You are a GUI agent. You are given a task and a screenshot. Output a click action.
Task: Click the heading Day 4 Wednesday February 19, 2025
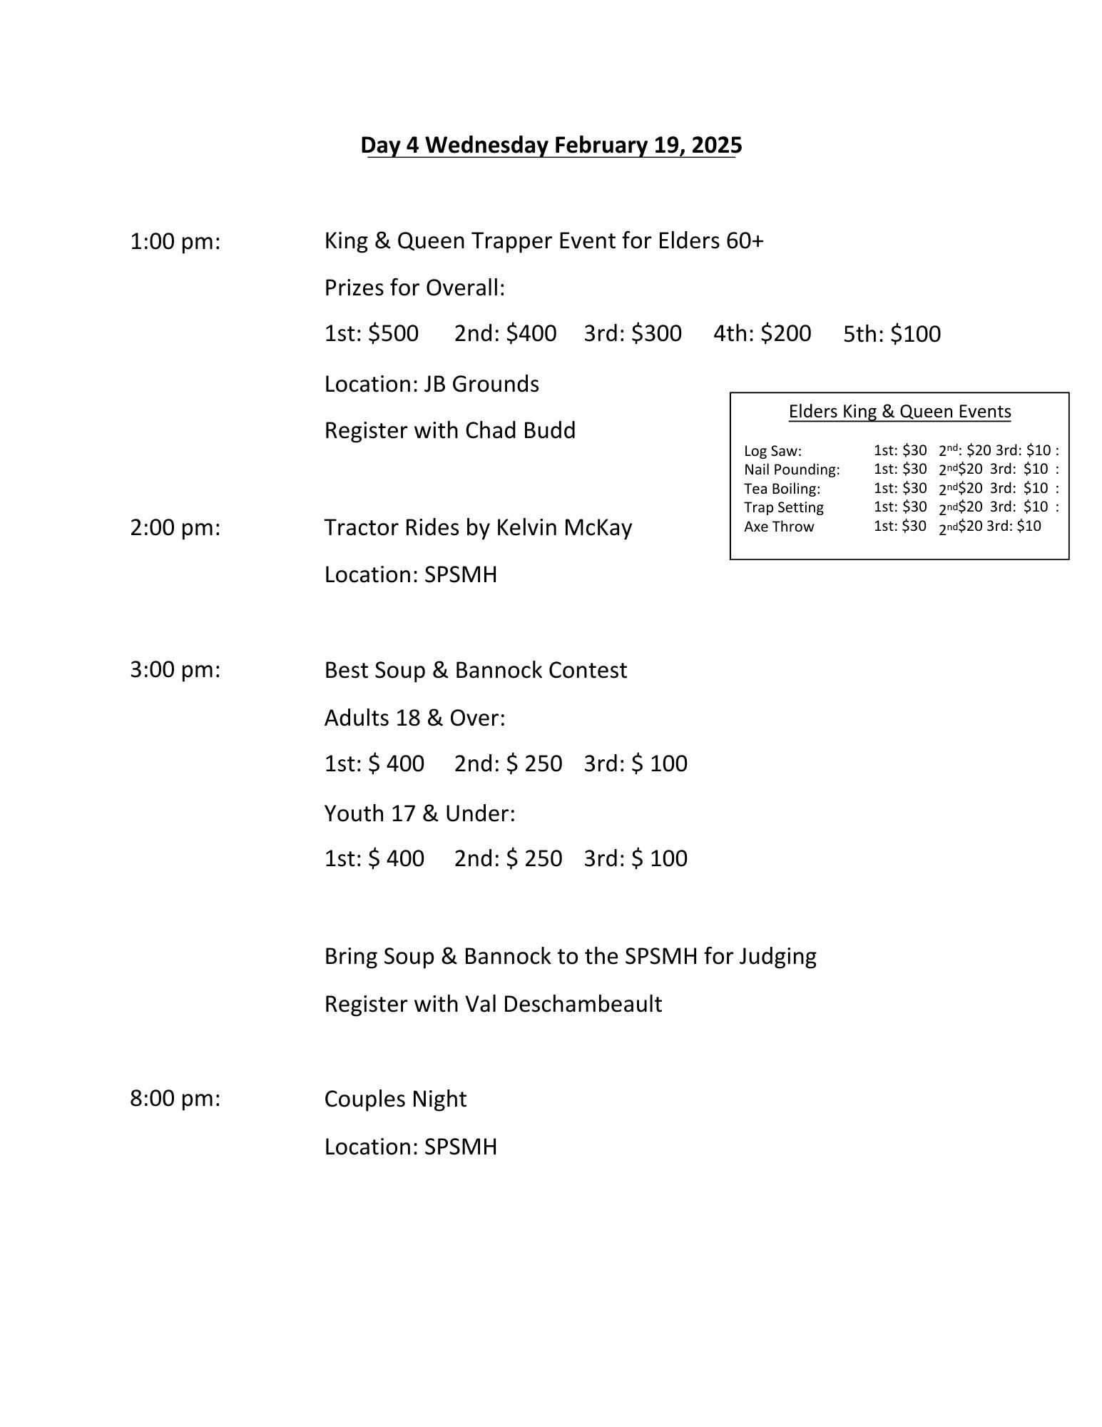pos(551,145)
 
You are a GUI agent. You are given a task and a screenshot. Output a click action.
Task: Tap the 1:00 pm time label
pos(175,242)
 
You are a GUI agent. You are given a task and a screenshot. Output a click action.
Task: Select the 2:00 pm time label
pos(175,528)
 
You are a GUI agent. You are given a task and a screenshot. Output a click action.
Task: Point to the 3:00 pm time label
pos(175,670)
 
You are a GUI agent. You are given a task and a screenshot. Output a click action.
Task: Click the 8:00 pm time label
pos(175,1099)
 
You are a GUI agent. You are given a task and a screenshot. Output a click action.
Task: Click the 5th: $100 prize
pos(892,334)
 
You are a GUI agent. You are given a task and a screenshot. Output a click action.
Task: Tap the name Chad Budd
pos(520,431)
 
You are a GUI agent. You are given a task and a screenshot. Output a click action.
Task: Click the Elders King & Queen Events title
pos(899,412)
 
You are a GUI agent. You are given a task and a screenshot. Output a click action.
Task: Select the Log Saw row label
pos(772,451)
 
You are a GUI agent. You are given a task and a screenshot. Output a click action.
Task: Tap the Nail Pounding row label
pos(792,469)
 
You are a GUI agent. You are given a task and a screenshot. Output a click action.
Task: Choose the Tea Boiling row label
pos(782,489)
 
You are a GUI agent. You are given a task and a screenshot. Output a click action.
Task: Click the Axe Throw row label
pos(779,527)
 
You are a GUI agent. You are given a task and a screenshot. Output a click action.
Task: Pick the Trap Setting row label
pos(783,507)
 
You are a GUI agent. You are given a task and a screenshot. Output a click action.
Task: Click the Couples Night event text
pos(395,1099)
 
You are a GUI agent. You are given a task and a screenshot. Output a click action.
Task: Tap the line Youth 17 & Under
pos(419,813)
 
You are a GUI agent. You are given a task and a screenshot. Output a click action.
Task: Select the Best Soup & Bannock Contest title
pos(476,670)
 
